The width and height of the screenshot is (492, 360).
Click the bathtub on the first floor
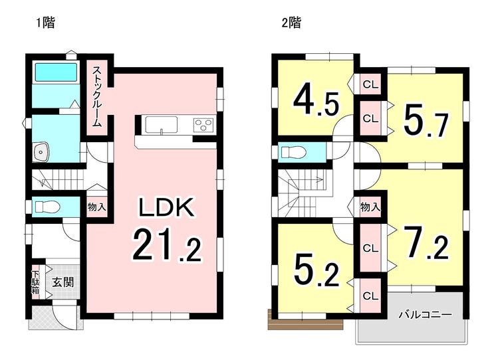(56, 72)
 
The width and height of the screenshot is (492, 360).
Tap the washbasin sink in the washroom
(40, 152)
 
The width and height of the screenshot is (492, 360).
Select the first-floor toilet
(47, 207)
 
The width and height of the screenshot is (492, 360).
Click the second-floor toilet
(293, 152)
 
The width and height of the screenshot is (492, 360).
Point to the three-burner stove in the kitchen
(203, 125)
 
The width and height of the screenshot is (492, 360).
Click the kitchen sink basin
(162, 125)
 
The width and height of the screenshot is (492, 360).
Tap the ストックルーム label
(96, 96)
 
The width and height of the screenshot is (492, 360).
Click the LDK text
(166, 207)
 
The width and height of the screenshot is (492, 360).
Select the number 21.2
(166, 245)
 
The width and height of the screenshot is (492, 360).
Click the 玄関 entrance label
(62, 282)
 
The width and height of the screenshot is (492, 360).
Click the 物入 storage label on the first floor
(96, 207)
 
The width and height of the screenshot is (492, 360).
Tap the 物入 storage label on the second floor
(370, 207)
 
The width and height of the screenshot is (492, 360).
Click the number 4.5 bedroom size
(316, 101)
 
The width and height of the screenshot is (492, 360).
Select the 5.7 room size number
(425, 121)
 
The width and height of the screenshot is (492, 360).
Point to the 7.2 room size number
(426, 242)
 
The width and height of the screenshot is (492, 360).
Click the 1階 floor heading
(46, 23)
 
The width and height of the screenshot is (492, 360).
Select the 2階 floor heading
(291, 23)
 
